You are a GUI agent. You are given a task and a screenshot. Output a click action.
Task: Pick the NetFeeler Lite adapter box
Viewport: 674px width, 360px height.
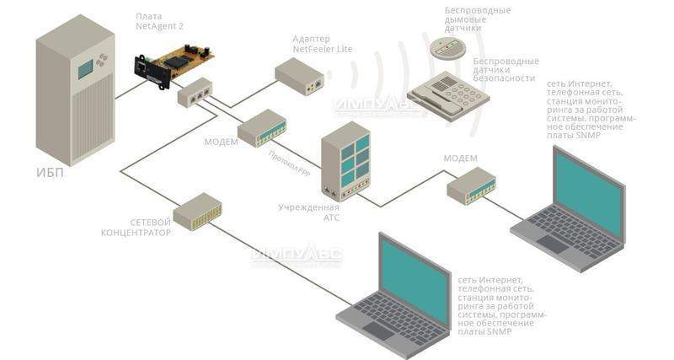pos(300,77)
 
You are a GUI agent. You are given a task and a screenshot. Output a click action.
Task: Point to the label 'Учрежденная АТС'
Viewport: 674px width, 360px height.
pos(309,211)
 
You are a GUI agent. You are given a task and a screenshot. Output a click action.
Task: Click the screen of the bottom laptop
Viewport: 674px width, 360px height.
pos(413,275)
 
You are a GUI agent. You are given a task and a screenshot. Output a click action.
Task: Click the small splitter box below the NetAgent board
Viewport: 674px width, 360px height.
pos(195,91)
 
